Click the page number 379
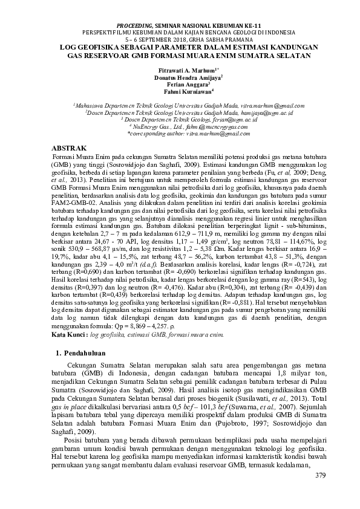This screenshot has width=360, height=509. click(321, 476)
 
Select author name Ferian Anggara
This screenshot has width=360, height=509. click(179, 85)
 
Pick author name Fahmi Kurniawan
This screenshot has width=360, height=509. click(179, 92)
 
